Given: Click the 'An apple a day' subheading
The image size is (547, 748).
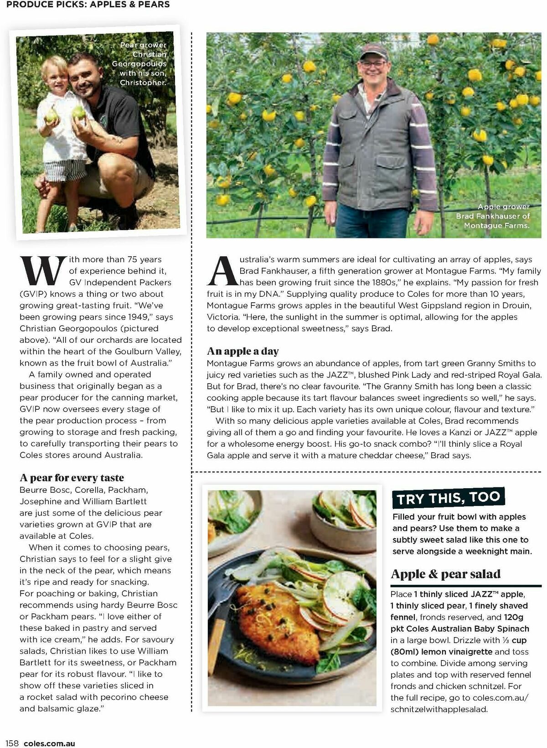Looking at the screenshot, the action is (x=243, y=351).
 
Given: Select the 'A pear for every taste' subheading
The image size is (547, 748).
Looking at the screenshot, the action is (x=72, y=478).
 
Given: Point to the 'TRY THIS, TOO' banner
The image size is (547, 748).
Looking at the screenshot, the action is (x=448, y=498).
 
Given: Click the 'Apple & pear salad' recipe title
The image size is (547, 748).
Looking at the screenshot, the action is (x=445, y=574).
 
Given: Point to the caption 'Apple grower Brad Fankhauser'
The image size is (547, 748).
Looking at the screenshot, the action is (x=493, y=216).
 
